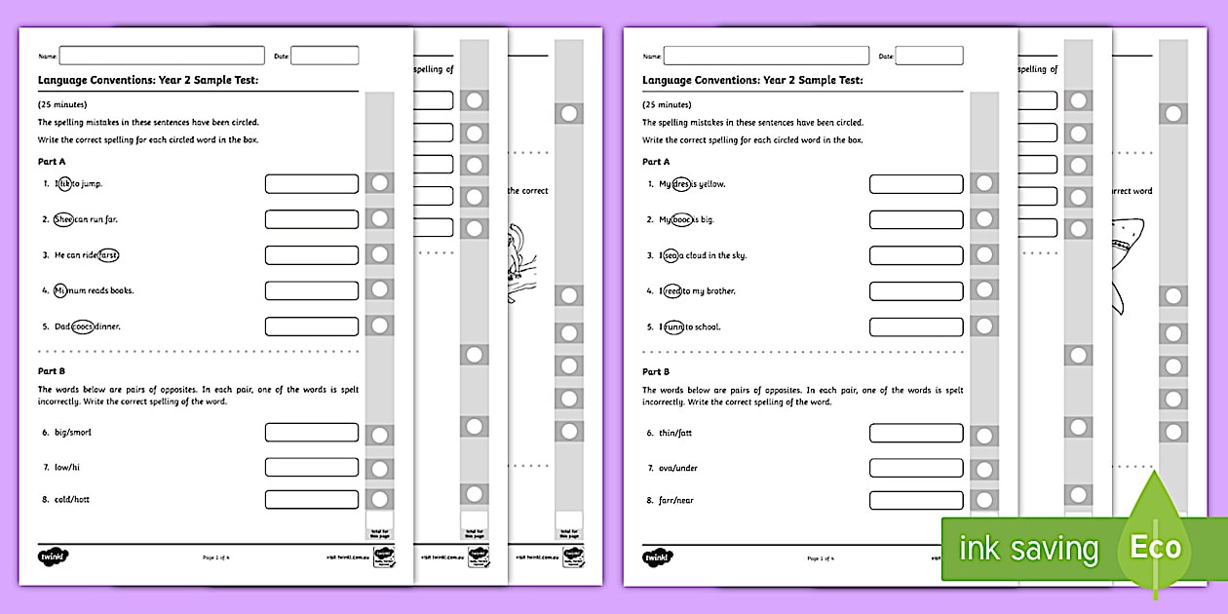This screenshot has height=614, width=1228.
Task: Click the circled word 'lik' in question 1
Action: [64, 183]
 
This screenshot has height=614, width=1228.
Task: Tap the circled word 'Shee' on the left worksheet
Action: [63, 219]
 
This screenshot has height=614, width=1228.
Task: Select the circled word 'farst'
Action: [108, 254]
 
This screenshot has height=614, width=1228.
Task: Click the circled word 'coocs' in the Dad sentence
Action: [83, 326]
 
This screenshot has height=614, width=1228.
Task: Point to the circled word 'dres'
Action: [681, 184]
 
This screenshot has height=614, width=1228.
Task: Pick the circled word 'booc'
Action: [682, 219]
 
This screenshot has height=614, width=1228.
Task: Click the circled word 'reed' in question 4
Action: [671, 290]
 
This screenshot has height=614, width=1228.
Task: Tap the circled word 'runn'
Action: [673, 326]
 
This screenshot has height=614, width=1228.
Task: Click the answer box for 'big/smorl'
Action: [312, 432]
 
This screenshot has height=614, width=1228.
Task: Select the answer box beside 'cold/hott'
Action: [312, 500]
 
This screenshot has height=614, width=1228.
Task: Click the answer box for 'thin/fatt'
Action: [916, 433]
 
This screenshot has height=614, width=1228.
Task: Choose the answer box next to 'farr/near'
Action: [916, 501]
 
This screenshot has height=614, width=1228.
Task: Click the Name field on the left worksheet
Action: [162, 56]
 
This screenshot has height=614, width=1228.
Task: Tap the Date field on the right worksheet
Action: [929, 56]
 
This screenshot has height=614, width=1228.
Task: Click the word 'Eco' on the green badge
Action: [1155, 547]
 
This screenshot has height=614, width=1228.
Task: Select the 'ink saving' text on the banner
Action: [1028, 549]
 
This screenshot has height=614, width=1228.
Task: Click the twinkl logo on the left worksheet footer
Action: [54, 556]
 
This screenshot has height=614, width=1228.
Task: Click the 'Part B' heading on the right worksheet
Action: [656, 371]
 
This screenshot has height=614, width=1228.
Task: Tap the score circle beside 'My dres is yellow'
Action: [984, 183]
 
